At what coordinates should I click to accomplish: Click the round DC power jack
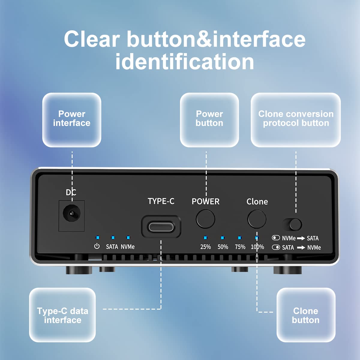(71, 214)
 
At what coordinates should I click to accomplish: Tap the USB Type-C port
(161, 227)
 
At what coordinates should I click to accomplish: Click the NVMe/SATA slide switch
(292, 224)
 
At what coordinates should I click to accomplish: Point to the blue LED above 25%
(205, 238)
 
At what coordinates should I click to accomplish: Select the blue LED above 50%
(222, 238)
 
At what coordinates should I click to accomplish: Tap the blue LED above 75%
(239, 238)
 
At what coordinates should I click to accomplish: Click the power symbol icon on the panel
(97, 246)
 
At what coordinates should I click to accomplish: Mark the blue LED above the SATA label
(113, 238)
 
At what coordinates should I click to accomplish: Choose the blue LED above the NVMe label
(128, 238)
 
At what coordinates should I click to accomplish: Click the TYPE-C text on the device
(161, 201)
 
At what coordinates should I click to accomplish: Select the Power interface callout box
(72, 120)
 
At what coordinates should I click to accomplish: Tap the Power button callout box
(209, 120)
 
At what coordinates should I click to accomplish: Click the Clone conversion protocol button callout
(296, 120)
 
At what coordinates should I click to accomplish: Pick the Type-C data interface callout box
(62, 315)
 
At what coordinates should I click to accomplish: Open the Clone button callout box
(306, 315)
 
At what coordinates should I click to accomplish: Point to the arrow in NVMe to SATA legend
(301, 238)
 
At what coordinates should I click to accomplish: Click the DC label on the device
(71, 192)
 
